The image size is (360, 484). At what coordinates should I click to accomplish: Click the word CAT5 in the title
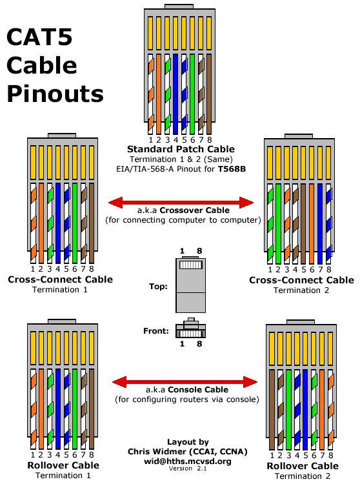click(39, 37)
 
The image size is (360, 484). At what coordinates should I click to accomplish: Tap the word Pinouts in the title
click(55, 94)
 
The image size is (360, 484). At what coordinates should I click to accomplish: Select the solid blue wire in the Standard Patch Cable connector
click(175, 94)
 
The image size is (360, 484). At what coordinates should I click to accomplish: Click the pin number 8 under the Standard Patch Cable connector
click(210, 140)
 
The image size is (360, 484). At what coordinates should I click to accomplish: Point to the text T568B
click(232, 169)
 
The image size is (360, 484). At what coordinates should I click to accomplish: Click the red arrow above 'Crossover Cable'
click(181, 203)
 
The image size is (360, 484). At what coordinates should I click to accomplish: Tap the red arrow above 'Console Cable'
click(185, 382)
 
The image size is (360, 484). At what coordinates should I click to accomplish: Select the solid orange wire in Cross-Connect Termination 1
click(41, 223)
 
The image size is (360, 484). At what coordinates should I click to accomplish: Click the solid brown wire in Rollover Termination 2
click(272, 409)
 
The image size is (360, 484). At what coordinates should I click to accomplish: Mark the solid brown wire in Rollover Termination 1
click(92, 408)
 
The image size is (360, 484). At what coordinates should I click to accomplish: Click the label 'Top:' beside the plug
click(158, 287)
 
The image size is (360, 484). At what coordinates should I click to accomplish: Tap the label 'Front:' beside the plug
click(156, 331)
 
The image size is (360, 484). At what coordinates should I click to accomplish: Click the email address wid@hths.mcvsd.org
click(188, 461)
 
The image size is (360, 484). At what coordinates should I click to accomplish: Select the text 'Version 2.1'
click(188, 469)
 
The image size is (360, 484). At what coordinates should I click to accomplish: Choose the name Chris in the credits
click(138, 451)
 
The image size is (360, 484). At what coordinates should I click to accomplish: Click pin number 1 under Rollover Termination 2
click(272, 456)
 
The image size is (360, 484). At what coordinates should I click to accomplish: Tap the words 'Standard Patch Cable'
click(181, 149)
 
